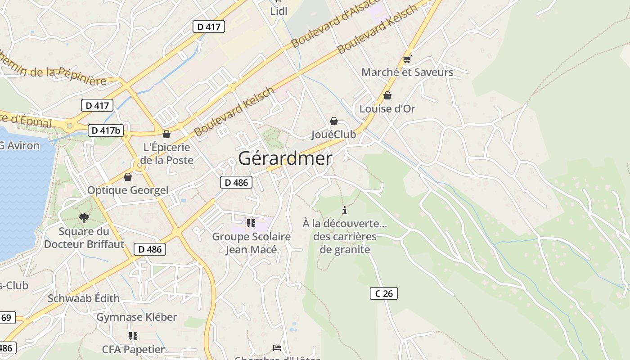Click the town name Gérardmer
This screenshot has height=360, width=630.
point(285,158)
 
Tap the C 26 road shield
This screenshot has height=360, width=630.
point(384,293)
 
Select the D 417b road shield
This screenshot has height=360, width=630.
point(106,130)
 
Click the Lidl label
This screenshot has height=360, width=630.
point(279,11)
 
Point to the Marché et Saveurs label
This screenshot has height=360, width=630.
point(407,72)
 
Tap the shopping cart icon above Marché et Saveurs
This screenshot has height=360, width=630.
point(407,58)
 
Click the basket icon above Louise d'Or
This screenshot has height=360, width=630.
point(387,95)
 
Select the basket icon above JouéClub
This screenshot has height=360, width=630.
point(334,121)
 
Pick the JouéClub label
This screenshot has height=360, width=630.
point(333,134)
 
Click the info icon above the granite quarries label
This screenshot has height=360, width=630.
point(345,210)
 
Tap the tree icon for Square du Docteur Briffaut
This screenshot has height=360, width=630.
point(84,218)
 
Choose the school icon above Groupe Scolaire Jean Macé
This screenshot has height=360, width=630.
point(251,223)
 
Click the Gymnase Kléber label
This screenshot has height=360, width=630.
point(137,317)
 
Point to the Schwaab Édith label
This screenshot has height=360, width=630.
point(84,298)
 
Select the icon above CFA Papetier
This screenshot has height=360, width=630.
point(133,336)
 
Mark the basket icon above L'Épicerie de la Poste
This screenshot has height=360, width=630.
point(166,134)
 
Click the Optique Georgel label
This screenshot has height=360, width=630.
point(128,190)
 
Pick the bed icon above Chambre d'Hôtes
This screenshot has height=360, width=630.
point(277,347)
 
